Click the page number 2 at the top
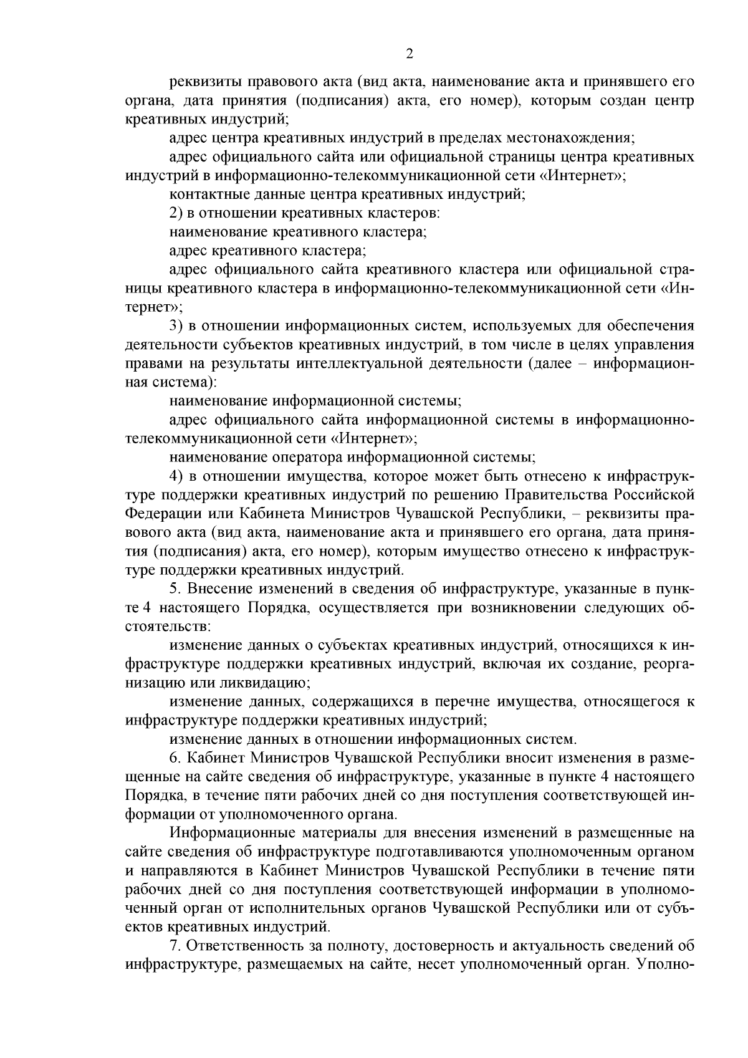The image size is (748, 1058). point(410,54)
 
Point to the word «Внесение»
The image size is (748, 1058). point(220,589)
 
